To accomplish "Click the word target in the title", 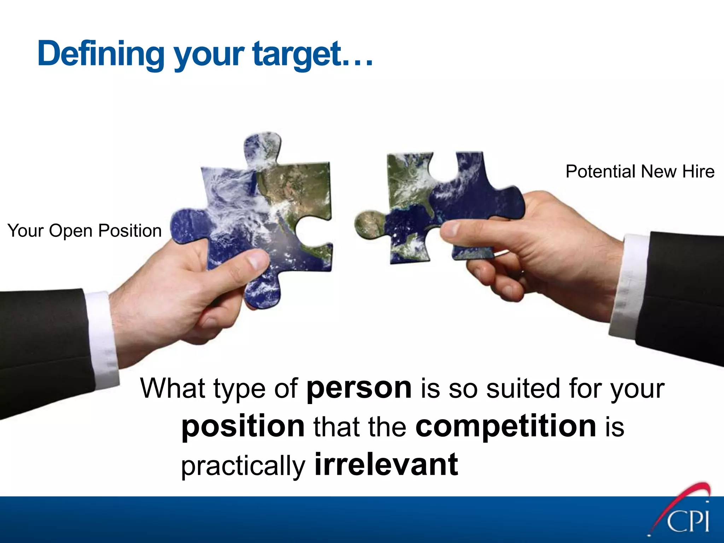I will [x=297, y=54].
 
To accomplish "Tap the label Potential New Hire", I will [x=640, y=171].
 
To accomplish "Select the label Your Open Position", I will [x=84, y=230].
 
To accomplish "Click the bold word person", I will [x=359, y=388].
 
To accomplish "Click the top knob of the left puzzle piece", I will [x=262, y=148].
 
